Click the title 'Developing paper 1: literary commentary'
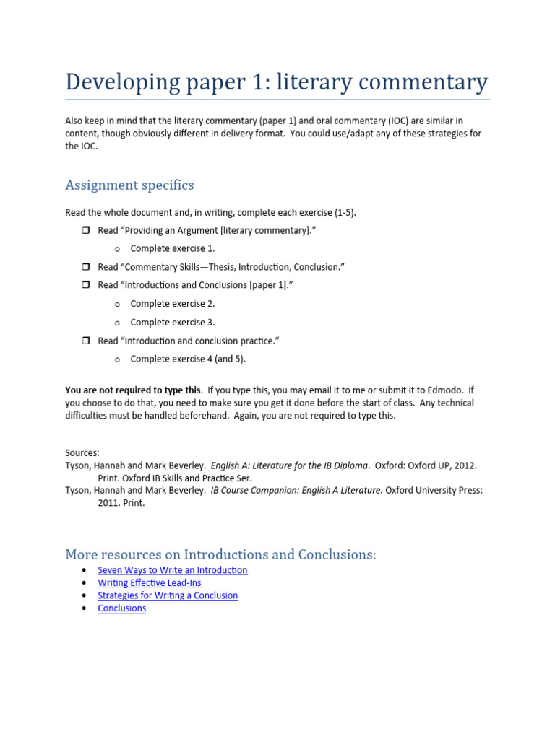276,82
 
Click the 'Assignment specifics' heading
129,185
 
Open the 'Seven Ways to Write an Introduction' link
173,570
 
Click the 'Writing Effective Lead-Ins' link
150,583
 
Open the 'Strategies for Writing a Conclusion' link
168,595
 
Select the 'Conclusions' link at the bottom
121,608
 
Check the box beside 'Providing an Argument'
83,230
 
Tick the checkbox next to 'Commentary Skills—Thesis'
83,267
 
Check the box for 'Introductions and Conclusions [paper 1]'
83,285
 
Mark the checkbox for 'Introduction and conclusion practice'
83,341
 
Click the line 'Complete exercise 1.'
173,249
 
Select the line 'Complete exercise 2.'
173,304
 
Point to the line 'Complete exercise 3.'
173,323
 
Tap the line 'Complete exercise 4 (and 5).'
192,359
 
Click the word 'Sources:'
82,453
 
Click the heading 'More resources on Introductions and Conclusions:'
220,554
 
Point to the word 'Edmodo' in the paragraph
447,390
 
